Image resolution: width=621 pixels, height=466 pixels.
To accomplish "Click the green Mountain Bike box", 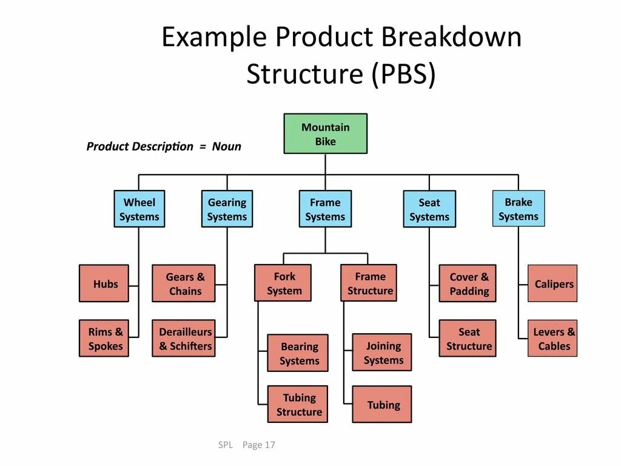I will click(x=325, y=133).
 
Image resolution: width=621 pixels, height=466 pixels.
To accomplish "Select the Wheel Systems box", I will click(x=139, y=209).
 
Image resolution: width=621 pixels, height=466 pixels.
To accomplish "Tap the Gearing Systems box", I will click(x=227, y=209).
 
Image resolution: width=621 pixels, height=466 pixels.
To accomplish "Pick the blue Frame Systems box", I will click(x=325, y=209).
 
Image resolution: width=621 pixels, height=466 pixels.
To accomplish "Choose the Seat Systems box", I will click(x=429, y=209).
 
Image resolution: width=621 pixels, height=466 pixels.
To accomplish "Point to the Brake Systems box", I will click(x=519, y=209).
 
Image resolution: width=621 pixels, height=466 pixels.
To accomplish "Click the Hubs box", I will click(x=104, y=283).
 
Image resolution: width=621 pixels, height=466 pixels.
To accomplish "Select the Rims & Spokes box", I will click(x=104, y=339).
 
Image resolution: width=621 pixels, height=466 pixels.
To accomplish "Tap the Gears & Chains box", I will click(x=184, y=283).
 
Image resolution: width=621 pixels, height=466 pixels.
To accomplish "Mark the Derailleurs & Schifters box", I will click(x=184, y=339).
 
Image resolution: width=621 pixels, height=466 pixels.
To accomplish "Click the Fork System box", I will click(x=283, y=283).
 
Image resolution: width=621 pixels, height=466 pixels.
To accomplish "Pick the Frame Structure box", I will click(x=369, y=283).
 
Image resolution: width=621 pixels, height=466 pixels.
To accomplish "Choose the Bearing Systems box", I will click(x=298, y=353).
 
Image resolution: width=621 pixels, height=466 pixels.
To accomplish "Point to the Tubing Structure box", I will click(x=298, y=404).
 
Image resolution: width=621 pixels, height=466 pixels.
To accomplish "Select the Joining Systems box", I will click(x=382, y=353).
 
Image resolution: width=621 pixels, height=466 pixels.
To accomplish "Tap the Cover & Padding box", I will click(x=468, y=283).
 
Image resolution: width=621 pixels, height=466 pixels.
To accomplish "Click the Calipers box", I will click(x=552, y=283).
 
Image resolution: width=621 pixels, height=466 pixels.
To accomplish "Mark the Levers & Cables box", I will click(x=552, y=339).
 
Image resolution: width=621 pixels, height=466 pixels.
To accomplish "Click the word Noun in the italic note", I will click(x=226, y=146).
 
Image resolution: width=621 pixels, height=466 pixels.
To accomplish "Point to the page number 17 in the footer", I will click(x=270, y=445).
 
